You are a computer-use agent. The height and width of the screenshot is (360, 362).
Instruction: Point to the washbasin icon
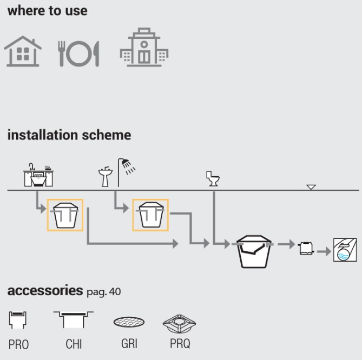104,177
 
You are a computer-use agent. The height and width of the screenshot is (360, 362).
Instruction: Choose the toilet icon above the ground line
212,179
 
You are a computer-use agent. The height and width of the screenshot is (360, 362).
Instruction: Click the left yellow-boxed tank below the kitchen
65,215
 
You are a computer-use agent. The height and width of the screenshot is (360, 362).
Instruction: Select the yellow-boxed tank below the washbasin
150,215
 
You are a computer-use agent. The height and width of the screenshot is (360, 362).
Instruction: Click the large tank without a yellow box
254,250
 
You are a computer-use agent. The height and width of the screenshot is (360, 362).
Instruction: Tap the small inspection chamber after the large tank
306,248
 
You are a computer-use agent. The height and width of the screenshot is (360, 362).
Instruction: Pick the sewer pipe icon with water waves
345,250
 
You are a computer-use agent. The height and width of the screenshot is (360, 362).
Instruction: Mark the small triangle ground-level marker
311,187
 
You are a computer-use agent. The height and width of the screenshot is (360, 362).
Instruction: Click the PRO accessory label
18,344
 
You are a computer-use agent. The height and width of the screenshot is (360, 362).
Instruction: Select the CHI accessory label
73,344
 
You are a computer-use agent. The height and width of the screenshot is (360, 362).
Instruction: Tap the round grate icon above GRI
129,323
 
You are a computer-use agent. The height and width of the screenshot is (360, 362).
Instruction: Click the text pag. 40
103,292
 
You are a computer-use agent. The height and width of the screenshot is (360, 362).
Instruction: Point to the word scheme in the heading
105,135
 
